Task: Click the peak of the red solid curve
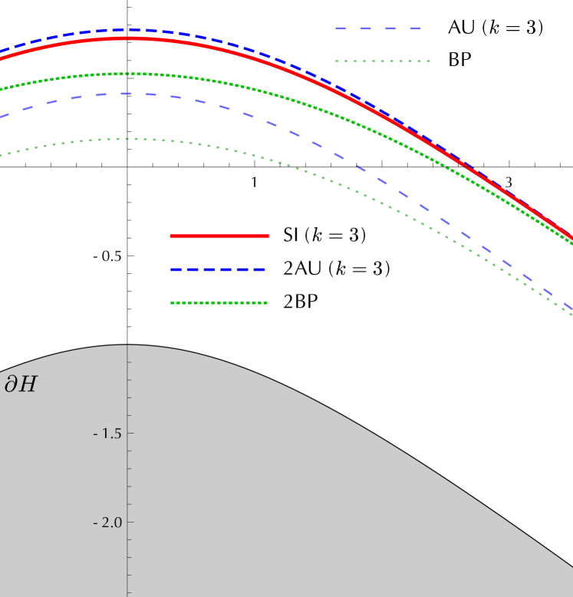click(130, 38)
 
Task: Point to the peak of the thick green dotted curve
click(130, 74)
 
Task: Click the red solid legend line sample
click(219, 236)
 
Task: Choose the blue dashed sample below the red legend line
click(218, 269)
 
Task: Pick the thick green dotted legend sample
click(219, 302)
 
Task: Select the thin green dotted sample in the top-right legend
click(383, 61)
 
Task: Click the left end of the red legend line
click(171, 236)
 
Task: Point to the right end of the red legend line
click(268, 236)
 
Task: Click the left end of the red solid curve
click(2, 58)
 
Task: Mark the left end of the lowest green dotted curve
click(2, 155)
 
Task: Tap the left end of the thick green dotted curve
click(2, 89)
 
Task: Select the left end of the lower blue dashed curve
click(2, 117)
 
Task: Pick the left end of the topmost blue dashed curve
click(2, 51)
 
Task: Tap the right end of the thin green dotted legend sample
click(429, 61)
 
